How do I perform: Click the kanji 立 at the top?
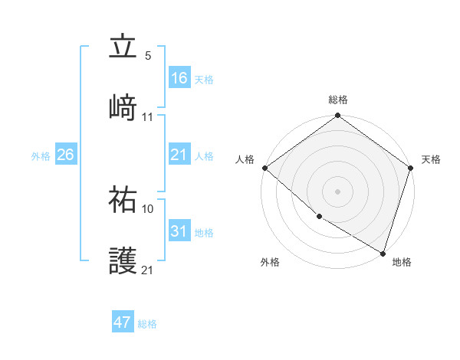pyautogui.click(x=123, y=47)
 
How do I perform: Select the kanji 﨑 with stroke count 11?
pyautogui.click(x=123, y=107)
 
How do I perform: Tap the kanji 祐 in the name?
pyautogui.click(x=123, y=200)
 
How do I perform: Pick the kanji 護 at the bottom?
pyautogui.click(x=123, y=261)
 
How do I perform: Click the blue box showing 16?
pyautogui.click(x=179, y=78)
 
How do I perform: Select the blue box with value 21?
pyautogui.click(x=179, y=155)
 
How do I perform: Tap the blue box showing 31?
pyautogui.click(x=179, y=232)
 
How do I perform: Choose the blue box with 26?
pyautogui.click(x=66, y=155)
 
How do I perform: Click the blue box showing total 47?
pyautogui.click(x=123, y=322)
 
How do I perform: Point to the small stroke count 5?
pyautogui.click(x=148, y=56)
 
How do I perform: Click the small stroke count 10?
pyautogui.click(x=148, y=208)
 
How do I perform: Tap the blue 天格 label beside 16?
pyautogui.click(x=204, y=79)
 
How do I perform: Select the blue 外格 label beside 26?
pyautogui.click(x=41, y=156)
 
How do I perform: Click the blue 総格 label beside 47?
pyautogui.click(x=147, y=323)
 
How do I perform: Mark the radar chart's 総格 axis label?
pyautogui.click(x=338, y=100)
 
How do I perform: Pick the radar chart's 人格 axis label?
pyautogui.click(x=245, y=159)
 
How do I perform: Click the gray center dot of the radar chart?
pyautogui.click(x=338, y=191)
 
